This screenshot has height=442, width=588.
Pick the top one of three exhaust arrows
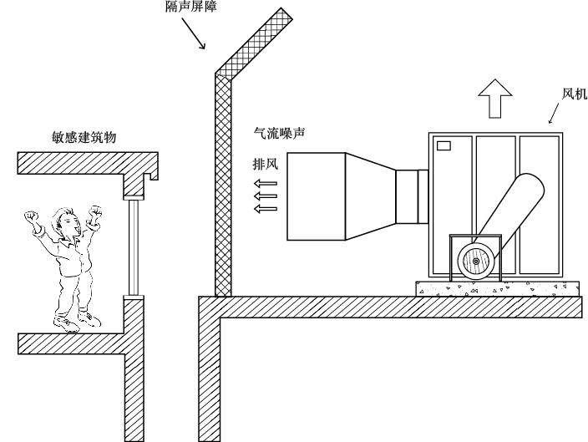pos(266,182)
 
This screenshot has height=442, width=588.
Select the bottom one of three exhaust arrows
pos(266,208)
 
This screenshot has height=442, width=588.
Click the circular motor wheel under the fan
pos(476,262)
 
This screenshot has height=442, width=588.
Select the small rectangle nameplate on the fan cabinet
pos(444,146)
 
